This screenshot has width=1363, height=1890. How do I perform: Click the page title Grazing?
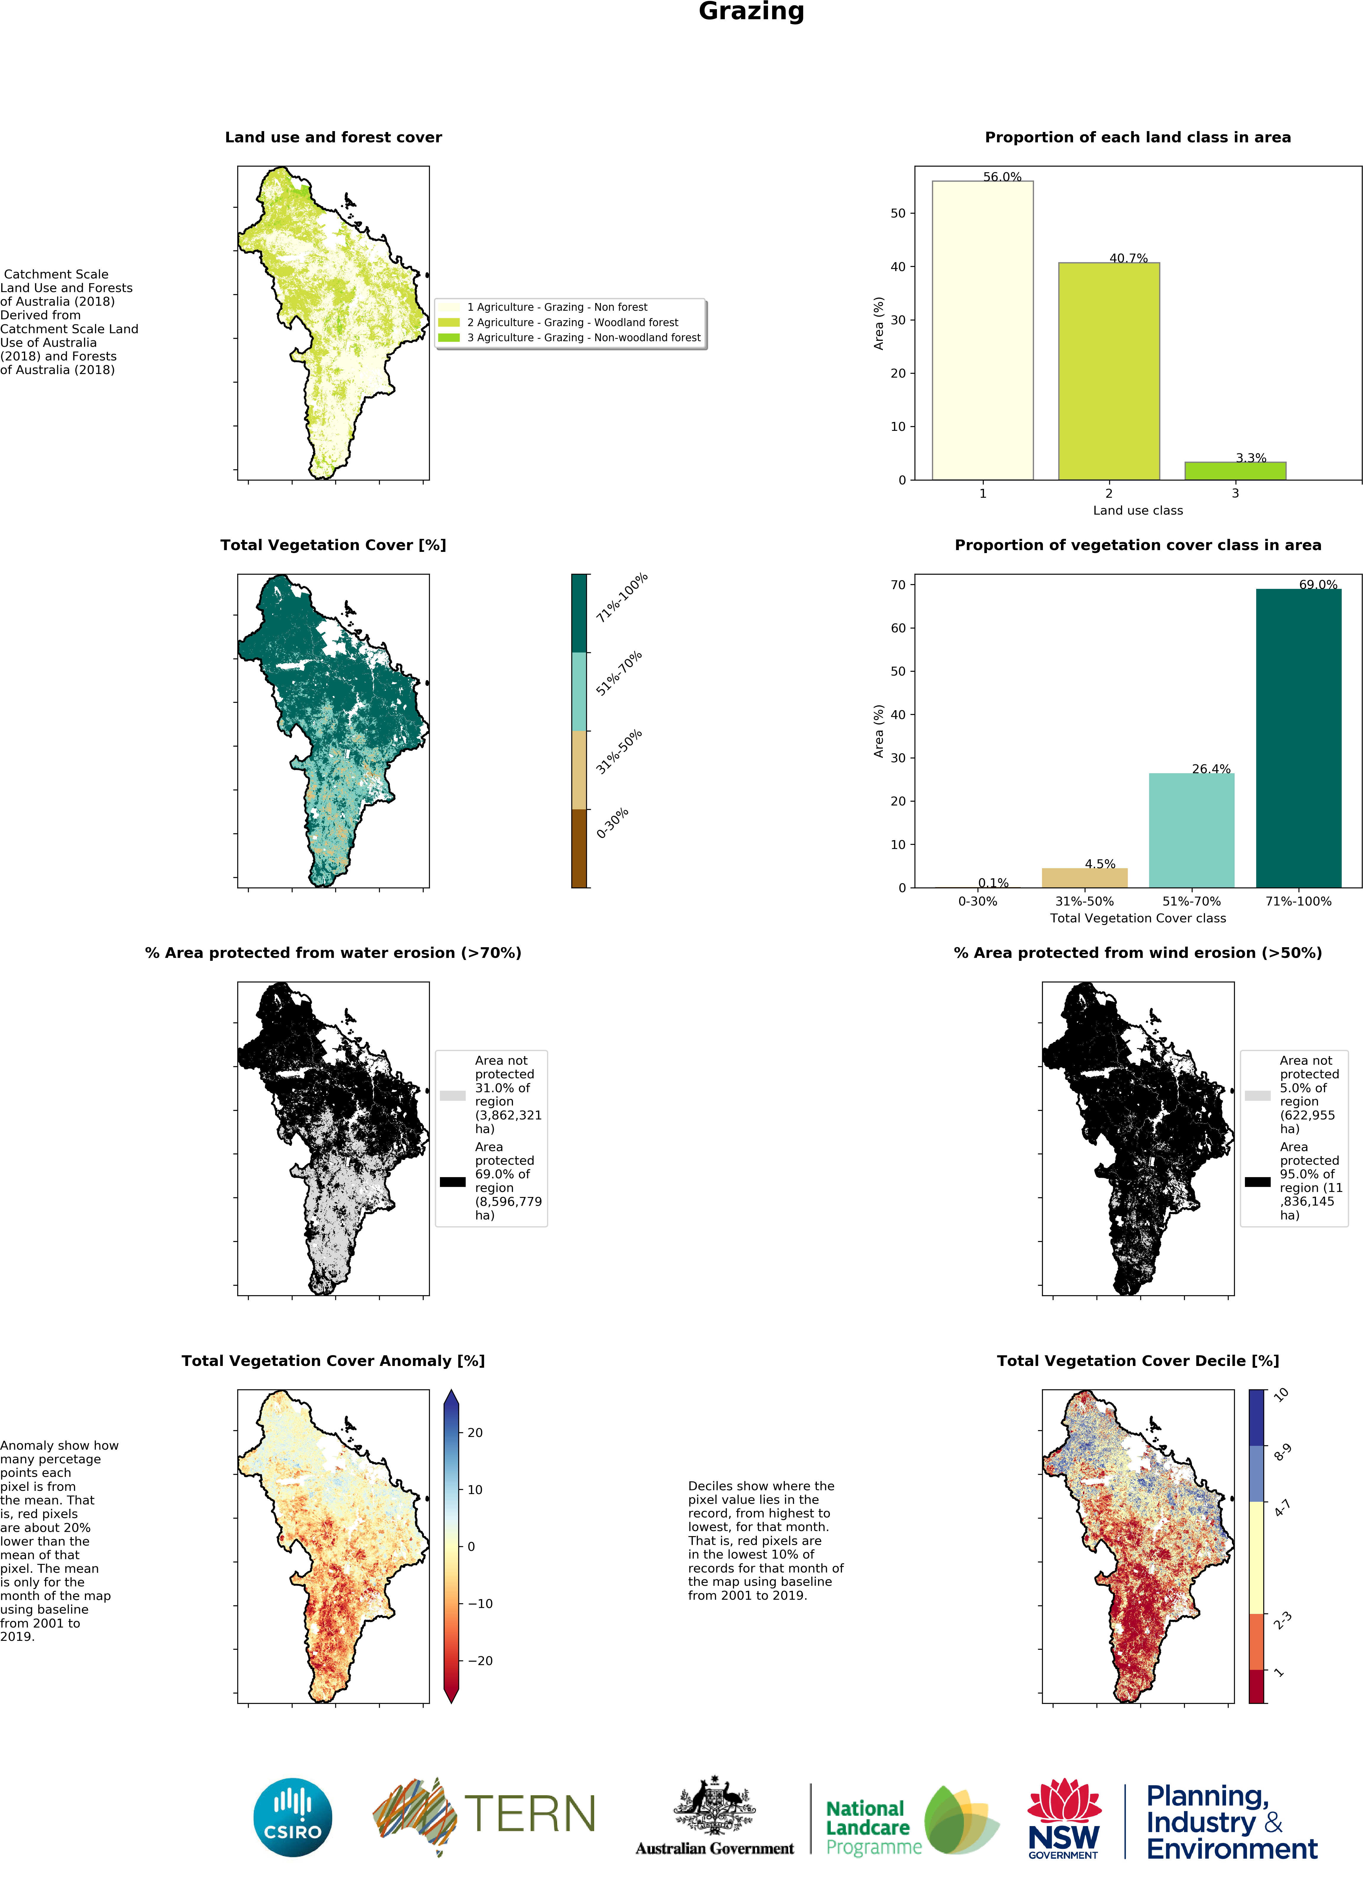[751, 12]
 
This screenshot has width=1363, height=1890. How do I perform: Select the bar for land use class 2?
[1108, 371]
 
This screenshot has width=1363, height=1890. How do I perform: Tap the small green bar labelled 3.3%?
[1235, 471]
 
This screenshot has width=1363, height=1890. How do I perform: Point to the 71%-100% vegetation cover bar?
[1298, 737]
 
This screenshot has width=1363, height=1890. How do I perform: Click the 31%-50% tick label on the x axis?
[1084, 901]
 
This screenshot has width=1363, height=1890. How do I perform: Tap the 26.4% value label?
[1211, 768]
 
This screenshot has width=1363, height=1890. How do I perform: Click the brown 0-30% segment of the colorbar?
[579, 847]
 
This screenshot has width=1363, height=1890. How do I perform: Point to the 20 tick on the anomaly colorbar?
[475, 1433]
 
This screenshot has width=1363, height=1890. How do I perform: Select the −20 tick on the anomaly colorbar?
[480, 1660]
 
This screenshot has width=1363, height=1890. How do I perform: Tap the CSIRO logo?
[292, 1818]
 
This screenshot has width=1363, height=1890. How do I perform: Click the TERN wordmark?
[530, 1814]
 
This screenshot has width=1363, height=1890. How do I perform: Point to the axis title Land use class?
[1137, 510]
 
